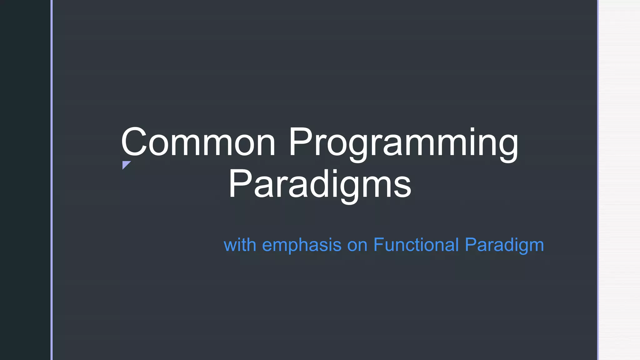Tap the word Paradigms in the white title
tap(320, 184)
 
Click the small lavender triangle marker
tap(125, 164)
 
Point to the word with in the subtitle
tap(240, 245)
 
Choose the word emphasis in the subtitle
tap(302, 245)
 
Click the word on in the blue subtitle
tap(357, 245)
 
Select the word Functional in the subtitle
tap(416, 245)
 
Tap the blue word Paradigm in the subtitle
tap(504, 245)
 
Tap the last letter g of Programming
tap(508, 147)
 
